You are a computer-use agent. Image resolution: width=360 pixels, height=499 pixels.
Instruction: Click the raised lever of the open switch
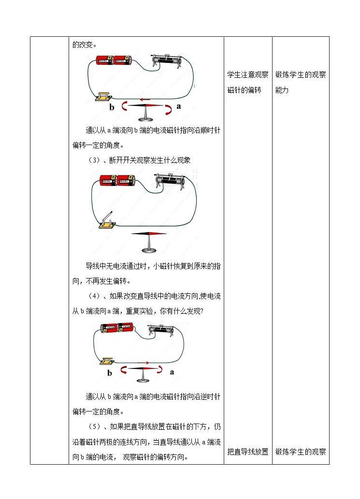pyautogui.click(x=109, y=216)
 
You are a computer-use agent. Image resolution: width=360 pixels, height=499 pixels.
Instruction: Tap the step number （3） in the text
pyautogui.click(x=94, y=161)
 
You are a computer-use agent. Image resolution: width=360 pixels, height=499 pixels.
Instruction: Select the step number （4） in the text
pyautogui.click(x=94, y=295)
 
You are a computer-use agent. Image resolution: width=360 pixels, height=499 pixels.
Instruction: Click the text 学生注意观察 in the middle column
pyautogui.click(x=247, y=75)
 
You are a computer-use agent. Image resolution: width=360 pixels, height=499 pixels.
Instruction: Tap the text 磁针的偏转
pyautogui.click(x=244, y=90)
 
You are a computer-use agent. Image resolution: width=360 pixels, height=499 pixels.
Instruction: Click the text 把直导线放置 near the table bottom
pyautogui.click(x=247, y=452)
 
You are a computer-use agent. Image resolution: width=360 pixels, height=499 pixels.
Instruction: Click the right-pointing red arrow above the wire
pyautogui.click(x=143, y=362)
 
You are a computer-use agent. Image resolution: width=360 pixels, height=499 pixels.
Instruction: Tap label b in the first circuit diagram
pyautogui.click(x=112, y=107)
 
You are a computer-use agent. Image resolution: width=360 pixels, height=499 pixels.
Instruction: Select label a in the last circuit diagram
pyautogui.click(x=172, y=372)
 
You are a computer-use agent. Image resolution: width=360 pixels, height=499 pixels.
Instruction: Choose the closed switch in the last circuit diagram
pyautogui.click(x=106, y=360)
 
